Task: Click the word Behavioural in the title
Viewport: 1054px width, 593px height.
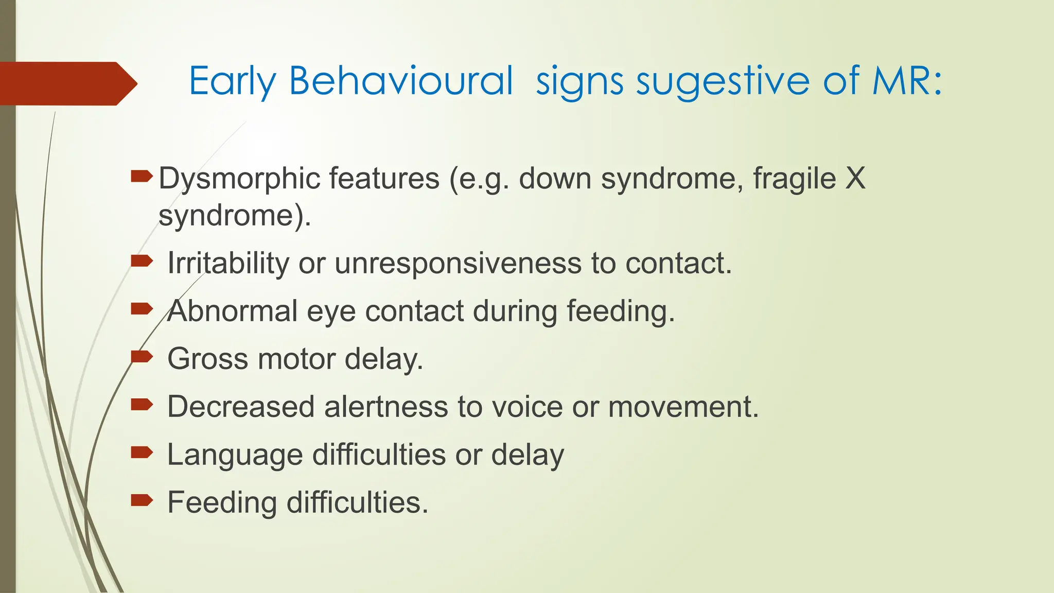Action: coord(400,81)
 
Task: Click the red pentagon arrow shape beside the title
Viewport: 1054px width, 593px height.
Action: coord(67,83)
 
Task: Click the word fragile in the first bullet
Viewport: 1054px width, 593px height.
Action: coord(794,179)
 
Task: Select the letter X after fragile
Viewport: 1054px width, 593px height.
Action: coord(855,179)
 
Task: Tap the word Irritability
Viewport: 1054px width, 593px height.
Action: coord(228,264)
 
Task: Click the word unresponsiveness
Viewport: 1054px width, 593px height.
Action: coord(458,264)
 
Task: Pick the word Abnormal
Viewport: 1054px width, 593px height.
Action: coord(233,311)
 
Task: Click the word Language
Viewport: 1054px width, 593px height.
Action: coord(235,456)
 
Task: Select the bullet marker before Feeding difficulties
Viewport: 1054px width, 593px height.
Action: coord(142,499)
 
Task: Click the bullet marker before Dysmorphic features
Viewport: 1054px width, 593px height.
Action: coord(142,177)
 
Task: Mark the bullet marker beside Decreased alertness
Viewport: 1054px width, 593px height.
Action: coord(142,404)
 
